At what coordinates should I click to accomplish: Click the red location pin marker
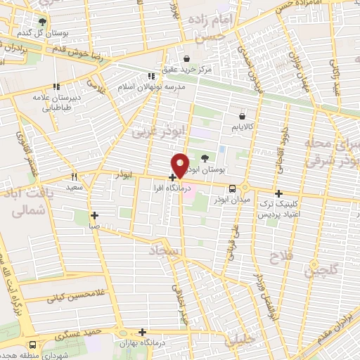[180, 165]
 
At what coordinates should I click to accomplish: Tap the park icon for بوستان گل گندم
[42, 22]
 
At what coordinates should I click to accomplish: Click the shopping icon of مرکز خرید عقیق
[187, 58]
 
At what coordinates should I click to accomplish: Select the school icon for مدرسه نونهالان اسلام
[150, 76]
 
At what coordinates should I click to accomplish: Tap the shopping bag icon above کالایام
[243, 116]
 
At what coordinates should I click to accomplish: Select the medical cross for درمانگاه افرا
[172, 177]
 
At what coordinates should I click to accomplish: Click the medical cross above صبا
[94, 216]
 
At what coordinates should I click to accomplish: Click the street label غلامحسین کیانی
[70, 297]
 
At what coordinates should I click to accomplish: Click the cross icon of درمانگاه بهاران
[143, 331]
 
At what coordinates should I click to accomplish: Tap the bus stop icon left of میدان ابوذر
[232, 187]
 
